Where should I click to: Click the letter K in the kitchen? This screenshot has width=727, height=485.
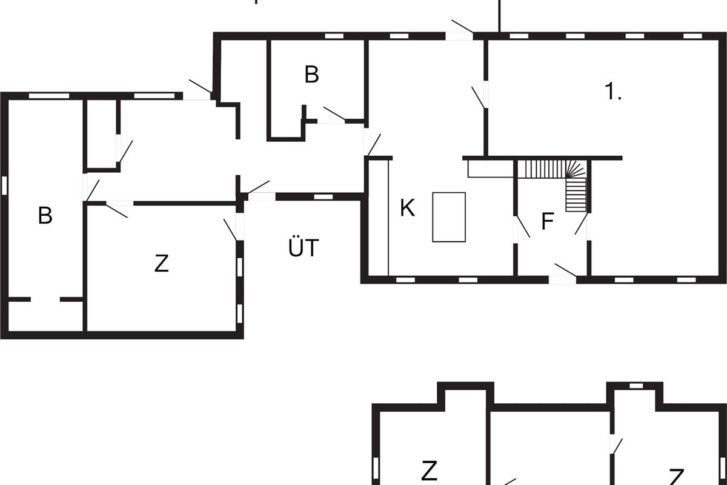407,208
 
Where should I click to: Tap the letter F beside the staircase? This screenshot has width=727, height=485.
548,221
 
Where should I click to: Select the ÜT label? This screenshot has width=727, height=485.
304,247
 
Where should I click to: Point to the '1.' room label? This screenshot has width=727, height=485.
613,92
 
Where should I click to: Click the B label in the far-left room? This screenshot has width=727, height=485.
45,215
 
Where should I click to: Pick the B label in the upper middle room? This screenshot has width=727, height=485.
311,75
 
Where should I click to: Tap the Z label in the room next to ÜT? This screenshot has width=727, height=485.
161,263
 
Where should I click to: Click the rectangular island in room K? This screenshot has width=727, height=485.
449,217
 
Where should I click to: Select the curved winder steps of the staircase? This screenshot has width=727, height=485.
576,169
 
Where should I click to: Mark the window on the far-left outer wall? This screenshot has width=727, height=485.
4,186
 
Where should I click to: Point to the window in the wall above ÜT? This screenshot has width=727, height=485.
324,197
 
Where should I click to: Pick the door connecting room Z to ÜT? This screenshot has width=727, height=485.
230,230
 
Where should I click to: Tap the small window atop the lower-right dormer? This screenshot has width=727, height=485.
636,386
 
